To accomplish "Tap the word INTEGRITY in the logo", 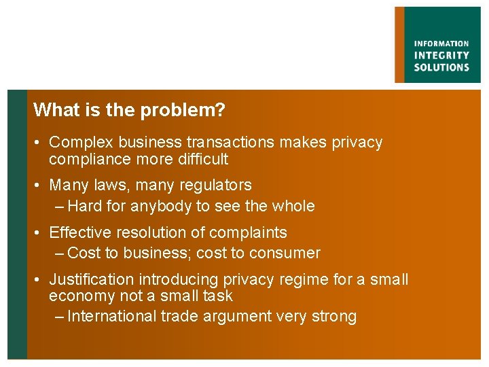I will pyautogui.click(x=441, y=56).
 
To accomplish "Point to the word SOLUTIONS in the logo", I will pyautogui.click(x=441, y=67).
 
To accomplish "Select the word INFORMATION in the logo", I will pyautogui.click(x=441, y=44).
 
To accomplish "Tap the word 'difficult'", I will pyautogui.click(x=202, y=160).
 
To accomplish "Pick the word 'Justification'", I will pyautogui.click(x=92, y=279).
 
